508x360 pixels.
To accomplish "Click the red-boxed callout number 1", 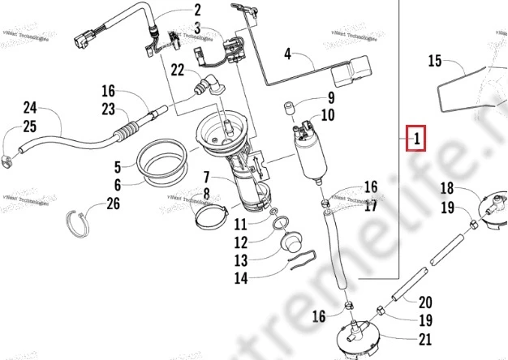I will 415,139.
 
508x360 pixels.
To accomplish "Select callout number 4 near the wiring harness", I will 286,55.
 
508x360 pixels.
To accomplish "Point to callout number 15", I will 434,60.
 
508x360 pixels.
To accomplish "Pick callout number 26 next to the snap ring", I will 113,204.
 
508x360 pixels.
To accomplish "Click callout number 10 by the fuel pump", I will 328,115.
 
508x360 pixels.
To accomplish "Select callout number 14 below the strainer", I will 241,277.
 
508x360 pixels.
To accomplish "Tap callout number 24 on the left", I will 31,107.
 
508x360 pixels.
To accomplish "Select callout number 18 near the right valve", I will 447,188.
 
